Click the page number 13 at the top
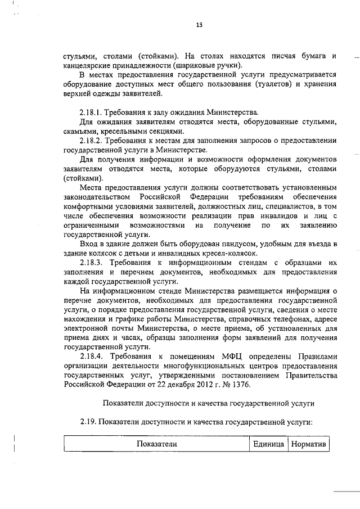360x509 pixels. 199,25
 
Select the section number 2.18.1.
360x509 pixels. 93,112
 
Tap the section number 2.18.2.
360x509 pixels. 93,140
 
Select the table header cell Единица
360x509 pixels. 268,444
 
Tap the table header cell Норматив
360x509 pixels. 307,444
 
